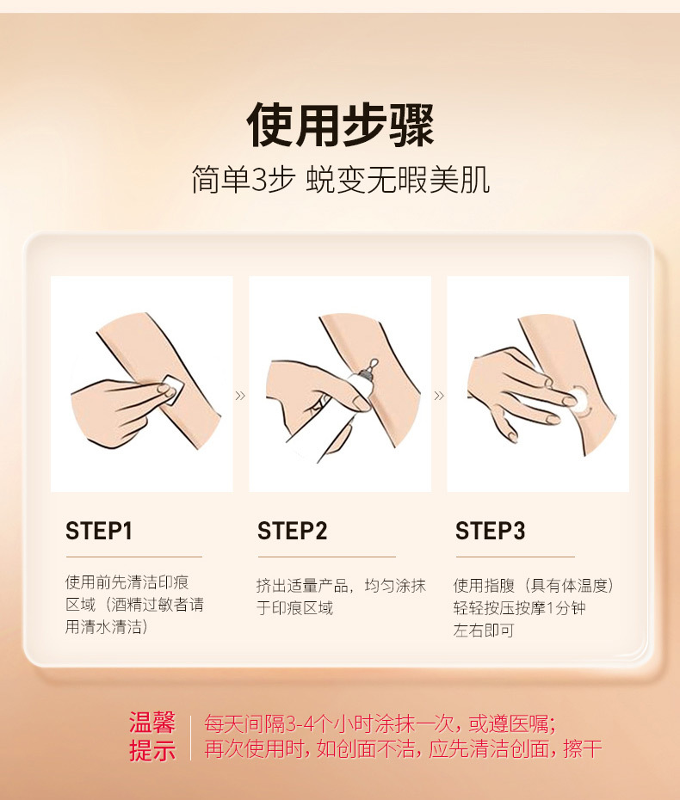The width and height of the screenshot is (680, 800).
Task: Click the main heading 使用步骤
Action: [341, 125]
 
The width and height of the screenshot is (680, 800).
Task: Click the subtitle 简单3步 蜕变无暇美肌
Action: [341, 180]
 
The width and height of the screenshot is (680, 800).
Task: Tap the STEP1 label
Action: [99, 531]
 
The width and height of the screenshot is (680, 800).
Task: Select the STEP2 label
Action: [292, 531]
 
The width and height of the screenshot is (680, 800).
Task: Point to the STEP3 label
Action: [490, 531]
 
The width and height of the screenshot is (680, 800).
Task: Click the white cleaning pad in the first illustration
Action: [170, 389]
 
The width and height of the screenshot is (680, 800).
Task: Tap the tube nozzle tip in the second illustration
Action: [373, 364]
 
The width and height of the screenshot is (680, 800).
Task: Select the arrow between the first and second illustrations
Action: [240, 396]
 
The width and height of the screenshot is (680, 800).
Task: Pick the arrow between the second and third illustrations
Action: [439, 396]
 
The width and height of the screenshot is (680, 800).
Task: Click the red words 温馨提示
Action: [152, 736]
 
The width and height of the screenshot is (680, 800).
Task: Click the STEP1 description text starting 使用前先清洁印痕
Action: [135, 605]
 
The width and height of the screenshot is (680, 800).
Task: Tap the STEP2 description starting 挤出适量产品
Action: [341, 596]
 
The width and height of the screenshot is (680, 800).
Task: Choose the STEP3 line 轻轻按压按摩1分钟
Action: [519, 607]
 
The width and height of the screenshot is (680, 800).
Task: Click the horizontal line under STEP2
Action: [327, 557]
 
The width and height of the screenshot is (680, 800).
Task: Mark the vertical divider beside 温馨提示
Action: [190, 738]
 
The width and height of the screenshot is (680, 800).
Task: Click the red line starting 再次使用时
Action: [404, 749]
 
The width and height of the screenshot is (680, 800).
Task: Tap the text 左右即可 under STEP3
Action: [484, 631]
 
